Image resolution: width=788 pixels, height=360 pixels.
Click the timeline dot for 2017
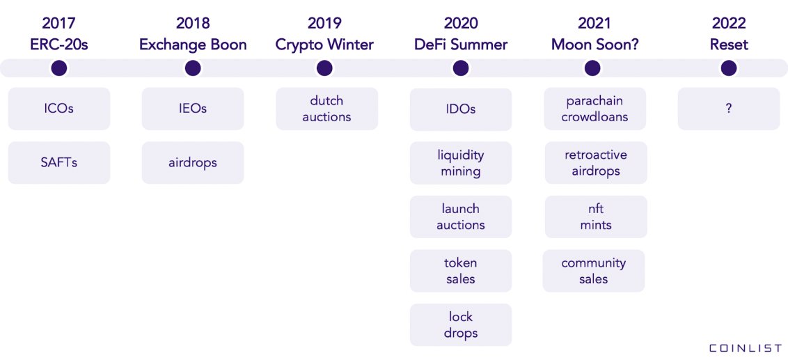(x=59, y=68)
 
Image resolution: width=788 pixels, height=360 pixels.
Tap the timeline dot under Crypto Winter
(x=324, y=68)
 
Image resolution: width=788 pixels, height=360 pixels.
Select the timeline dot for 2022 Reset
(x=729, y=68)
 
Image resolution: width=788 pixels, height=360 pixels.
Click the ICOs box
(x=59, y=109)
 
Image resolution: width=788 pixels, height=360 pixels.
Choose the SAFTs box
(x=59, y=163)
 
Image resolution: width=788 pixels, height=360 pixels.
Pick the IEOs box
(x=193, y=109)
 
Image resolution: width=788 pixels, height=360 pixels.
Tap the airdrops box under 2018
(x=193, y=163)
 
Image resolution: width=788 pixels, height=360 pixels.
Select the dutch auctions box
(x=326, y=109)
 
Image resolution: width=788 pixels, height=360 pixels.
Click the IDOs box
(x=461, y=109)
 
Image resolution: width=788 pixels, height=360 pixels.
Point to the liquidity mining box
(x=461, y=163)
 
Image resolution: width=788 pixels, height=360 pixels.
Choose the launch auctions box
(x=461, y=217)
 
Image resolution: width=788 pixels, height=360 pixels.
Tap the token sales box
(x=461, y=271)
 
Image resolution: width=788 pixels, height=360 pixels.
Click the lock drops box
(x=461, y=324)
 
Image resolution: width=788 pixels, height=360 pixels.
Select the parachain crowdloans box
(x=595, y=109)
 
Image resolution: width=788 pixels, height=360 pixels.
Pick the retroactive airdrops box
(x=596, y=163)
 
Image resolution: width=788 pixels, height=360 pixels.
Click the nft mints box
(x=596, y=217)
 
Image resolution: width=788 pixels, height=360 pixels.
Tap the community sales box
(x=594, y=271)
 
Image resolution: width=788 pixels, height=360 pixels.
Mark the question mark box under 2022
(x=729, y=109)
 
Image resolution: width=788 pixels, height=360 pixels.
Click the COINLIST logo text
(x=746, y=348)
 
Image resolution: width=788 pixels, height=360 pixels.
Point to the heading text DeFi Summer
(x=461, y=45)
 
